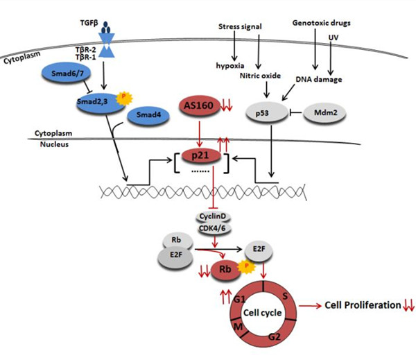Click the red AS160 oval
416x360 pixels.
pos(199,105)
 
